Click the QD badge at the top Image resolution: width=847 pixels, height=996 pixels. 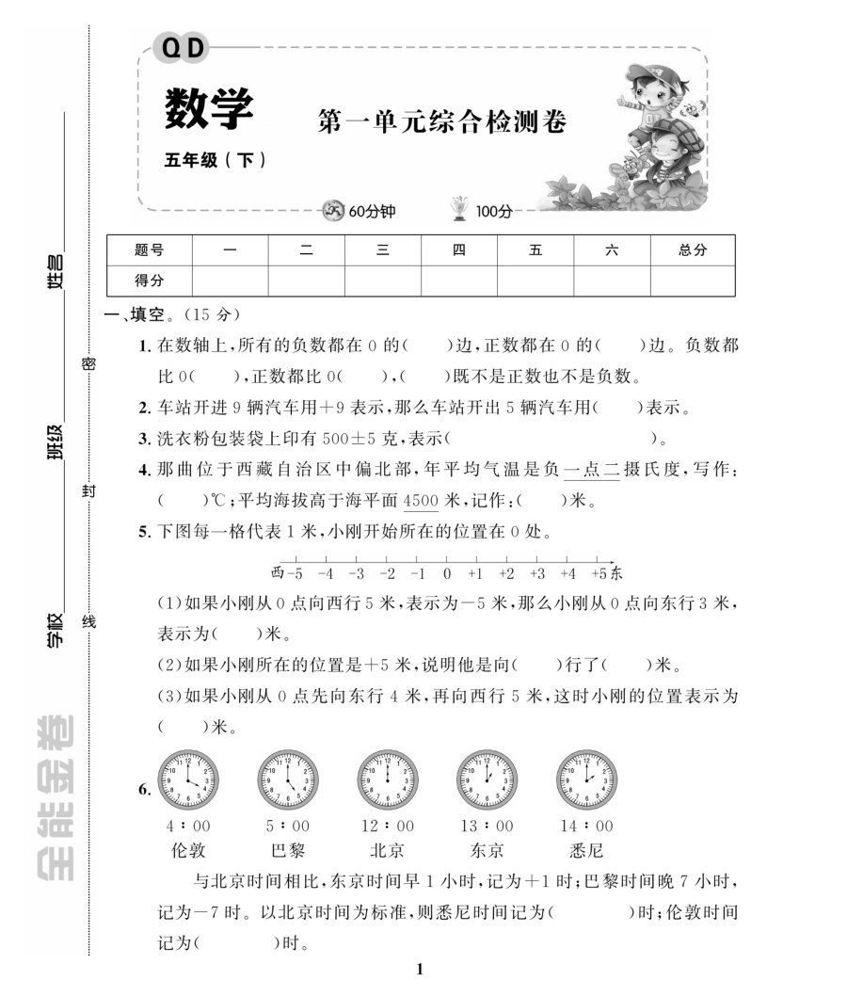pos(184,47)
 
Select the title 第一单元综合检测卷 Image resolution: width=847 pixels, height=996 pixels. pos(442,120)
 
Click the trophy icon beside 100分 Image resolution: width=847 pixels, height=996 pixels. pos(460,209)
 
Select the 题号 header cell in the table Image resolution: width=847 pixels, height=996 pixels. pos(149,250)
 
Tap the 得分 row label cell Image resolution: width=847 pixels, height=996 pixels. pos(149,280)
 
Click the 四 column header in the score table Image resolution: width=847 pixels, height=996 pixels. pos(458,250)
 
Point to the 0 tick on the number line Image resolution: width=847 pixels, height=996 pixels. pos(447,571)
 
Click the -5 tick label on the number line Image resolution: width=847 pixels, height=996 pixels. pos(295,572)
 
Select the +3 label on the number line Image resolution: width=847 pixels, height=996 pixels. pos(537,572)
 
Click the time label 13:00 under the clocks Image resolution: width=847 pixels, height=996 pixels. pos(486,827)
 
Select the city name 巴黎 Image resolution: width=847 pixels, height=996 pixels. pos(288,850)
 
